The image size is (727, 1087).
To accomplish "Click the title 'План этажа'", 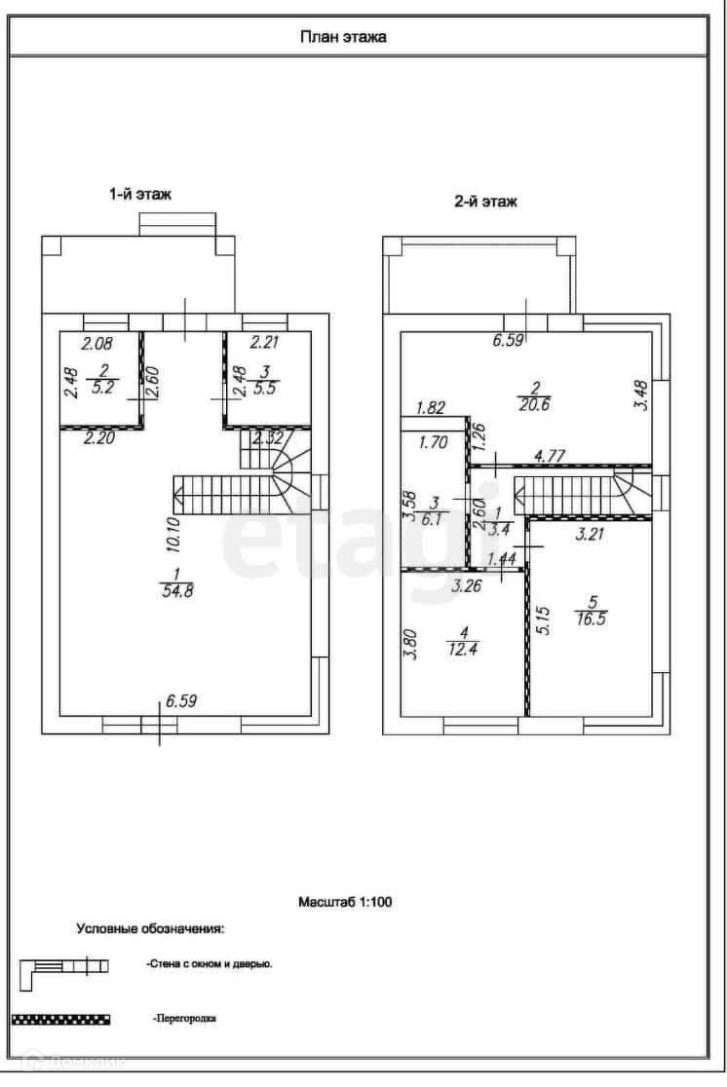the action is [x=342, y=38].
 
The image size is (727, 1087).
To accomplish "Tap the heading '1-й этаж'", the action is [x=139, y=194].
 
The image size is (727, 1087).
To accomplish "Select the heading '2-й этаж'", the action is [x=485, y=203].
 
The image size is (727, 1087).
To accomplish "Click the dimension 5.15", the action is [x=544, y=620].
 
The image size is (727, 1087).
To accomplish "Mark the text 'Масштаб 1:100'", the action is [x=345, y=903].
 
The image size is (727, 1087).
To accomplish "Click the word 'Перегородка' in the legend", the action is [x=184, y=1019].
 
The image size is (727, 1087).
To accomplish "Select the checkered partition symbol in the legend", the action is [x=59, y=1019].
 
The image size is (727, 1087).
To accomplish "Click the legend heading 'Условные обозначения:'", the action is [x=151, y=928].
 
